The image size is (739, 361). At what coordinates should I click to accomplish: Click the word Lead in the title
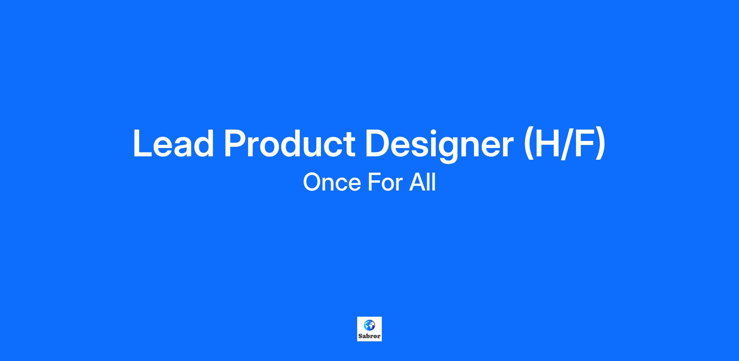tap(173, 143)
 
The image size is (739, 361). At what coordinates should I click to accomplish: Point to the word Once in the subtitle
tap(332, 182)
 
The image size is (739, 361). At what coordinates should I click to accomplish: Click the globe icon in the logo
tap(369, 325)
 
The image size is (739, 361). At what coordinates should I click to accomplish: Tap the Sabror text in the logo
tap(369, 336)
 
